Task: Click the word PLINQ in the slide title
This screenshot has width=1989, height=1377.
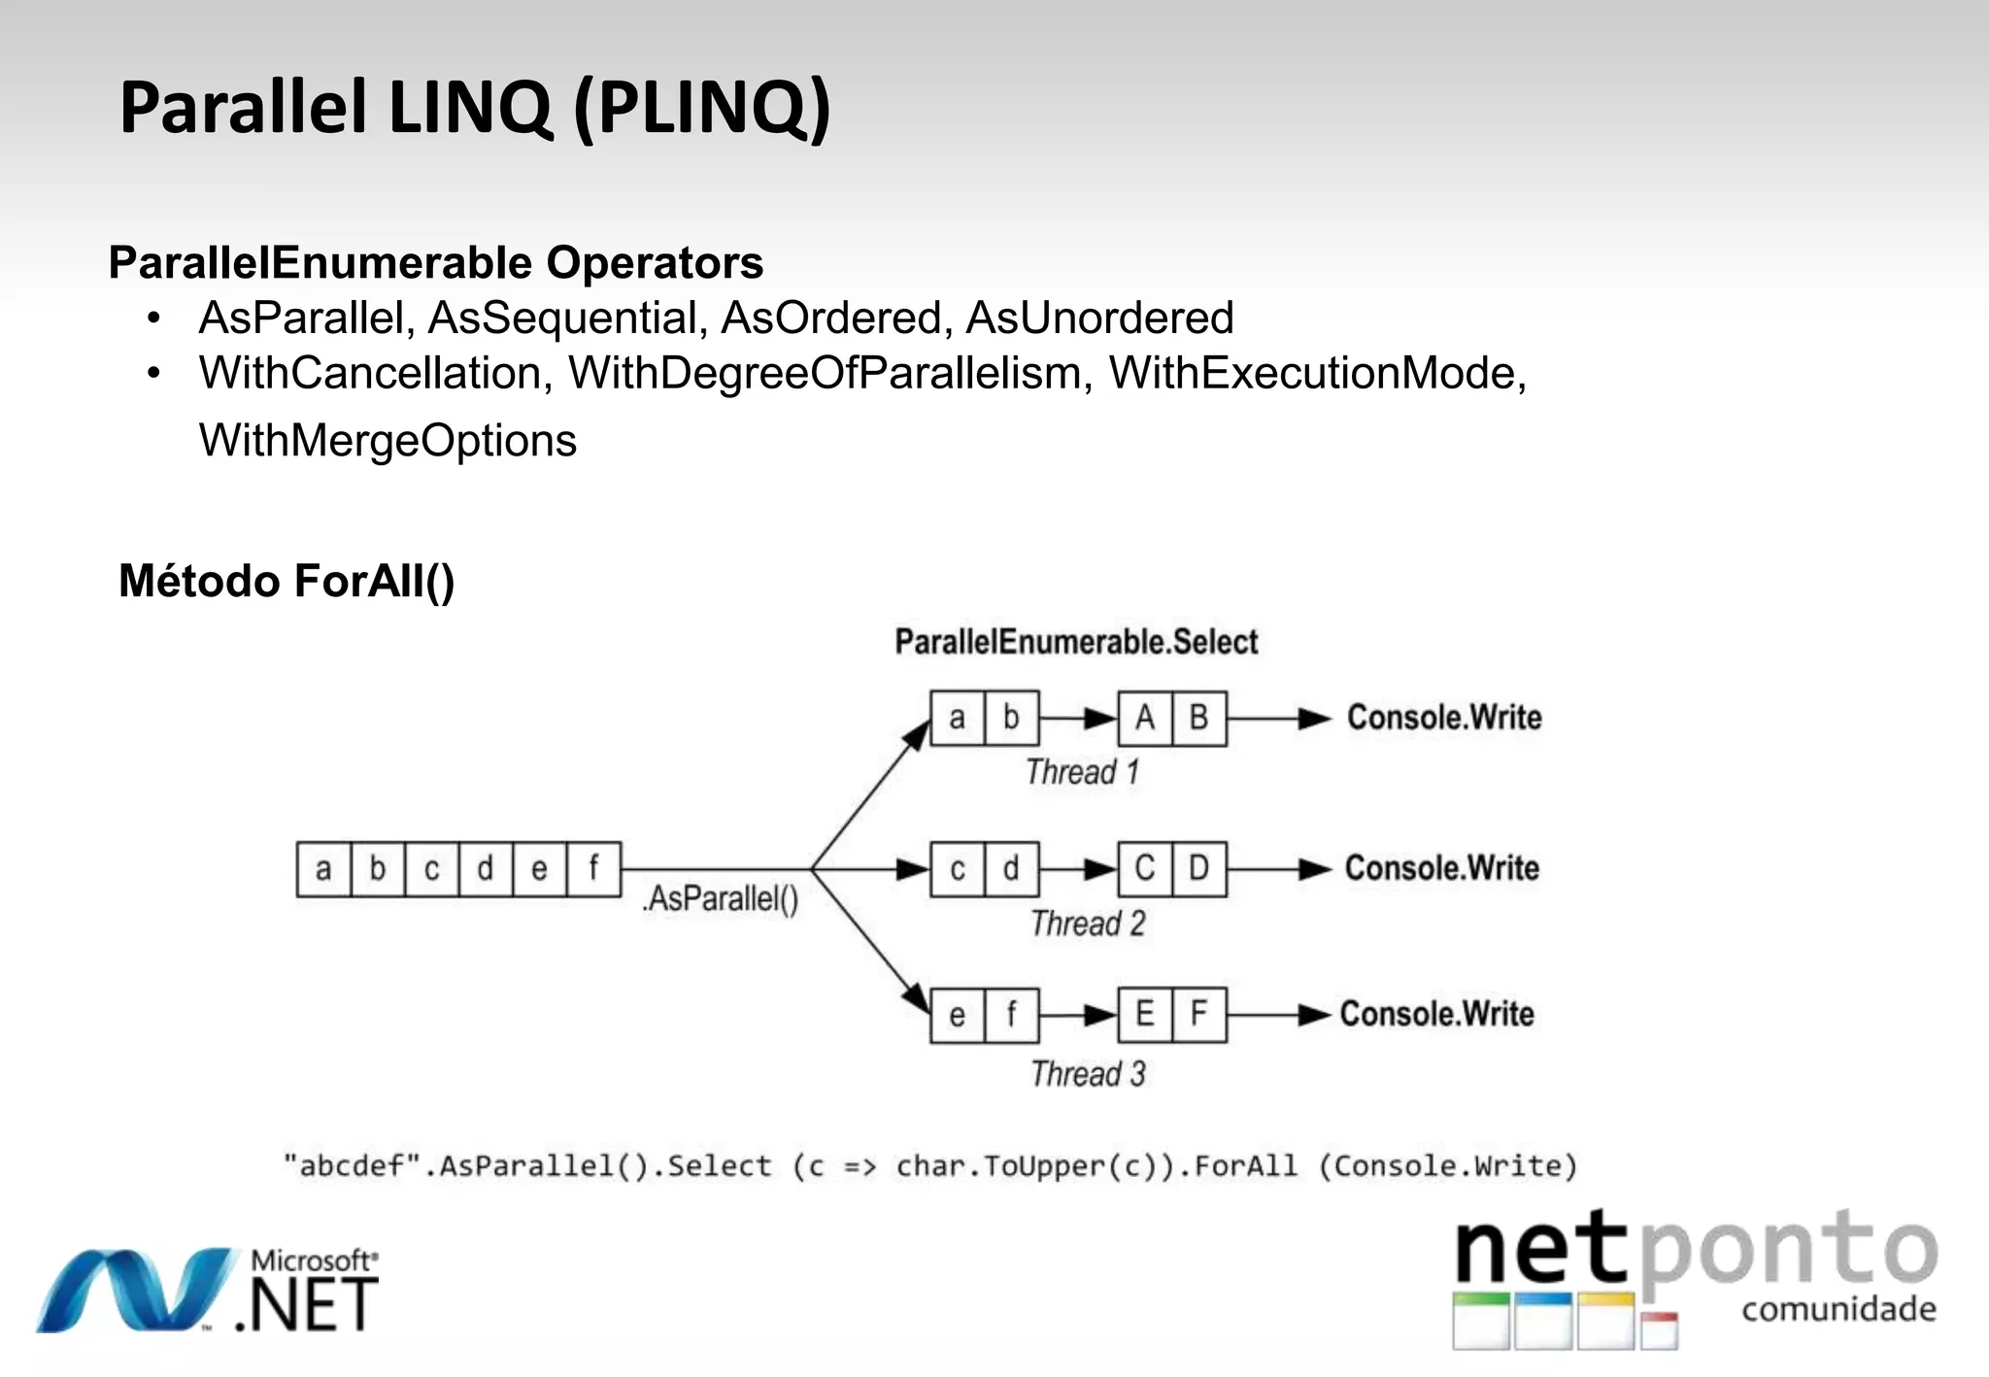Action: [702, 107]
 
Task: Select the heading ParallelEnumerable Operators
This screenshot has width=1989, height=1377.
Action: [435, 262]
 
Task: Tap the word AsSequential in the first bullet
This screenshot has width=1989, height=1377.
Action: [567, 319]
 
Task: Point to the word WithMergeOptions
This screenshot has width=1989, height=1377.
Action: [388, 441]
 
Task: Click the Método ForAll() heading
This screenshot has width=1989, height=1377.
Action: [287, 581]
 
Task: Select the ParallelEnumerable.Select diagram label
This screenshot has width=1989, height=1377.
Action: [1075, 642]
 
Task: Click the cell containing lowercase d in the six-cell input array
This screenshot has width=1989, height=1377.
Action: [485, 869]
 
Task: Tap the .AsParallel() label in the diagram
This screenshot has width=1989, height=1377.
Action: [720, 898]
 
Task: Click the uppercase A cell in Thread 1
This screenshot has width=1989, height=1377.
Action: [1145, 719]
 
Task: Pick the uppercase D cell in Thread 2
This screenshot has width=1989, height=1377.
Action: [1199, 868]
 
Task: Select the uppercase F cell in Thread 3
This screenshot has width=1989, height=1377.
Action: [1199, 1015]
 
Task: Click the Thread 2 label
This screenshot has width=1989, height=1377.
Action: [1088, 924]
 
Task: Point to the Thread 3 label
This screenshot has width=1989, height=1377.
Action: [1088, 1074]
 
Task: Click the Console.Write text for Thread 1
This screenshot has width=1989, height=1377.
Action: [1443, 718]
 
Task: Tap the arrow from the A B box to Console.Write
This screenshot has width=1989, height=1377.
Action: [1277, 719]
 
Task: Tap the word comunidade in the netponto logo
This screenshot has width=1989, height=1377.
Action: [1837, 1309]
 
